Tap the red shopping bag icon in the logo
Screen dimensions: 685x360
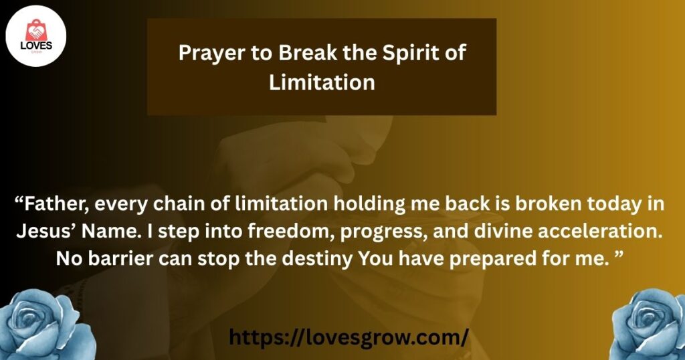point(36,31)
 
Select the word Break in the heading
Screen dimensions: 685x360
point(308,53)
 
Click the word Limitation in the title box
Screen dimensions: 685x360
point(322,82)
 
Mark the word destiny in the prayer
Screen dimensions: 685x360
point(318,260)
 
